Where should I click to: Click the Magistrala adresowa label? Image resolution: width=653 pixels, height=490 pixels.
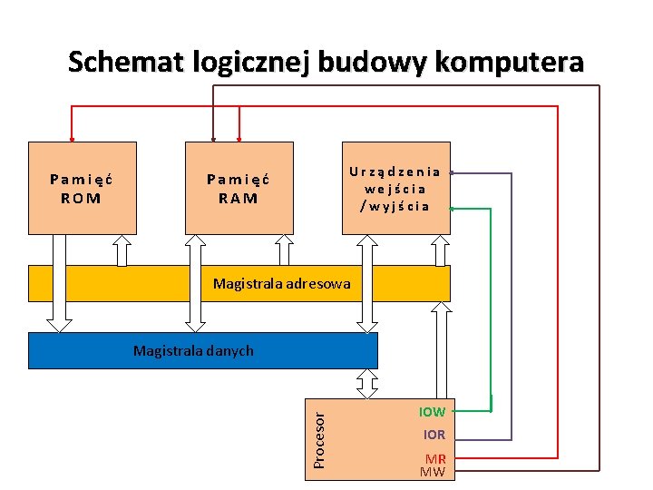click(x=281, y=284)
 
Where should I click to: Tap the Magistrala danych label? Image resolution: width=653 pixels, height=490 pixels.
click(x=193, y=350)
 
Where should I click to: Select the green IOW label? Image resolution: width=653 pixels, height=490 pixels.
click(x=432, y=412)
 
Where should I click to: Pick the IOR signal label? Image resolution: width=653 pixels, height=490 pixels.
click(x=434, y=435)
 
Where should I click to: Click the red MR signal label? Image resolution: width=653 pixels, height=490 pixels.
click(x=435, y=459)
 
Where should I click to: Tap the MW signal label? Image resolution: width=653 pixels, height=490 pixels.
click(x=433, y=472)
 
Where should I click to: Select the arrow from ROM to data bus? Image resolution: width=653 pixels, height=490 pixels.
click(x=60, y=282)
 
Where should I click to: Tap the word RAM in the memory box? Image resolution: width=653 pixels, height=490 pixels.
click(x=239, y=198)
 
